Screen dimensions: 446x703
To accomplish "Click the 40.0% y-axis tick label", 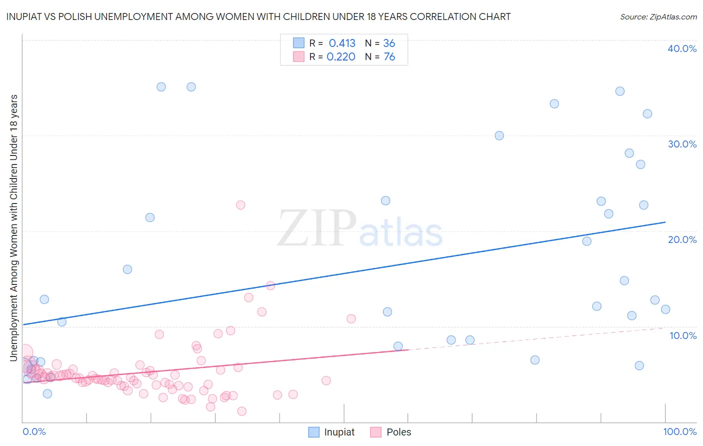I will point(682,48).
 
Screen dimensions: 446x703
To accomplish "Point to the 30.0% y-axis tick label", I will point(682,144).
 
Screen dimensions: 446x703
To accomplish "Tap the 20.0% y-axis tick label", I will point(682,239).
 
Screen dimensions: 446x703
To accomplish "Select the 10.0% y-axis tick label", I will point(683,335).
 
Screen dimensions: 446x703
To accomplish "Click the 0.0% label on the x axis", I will point(34,431).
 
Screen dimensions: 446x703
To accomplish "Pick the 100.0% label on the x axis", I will point(679,431).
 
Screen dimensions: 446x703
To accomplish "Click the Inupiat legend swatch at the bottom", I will point(313,432).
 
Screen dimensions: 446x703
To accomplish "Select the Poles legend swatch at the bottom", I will point(376,432).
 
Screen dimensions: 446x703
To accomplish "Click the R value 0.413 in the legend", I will point(342,43).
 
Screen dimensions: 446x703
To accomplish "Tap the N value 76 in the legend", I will point(389,56).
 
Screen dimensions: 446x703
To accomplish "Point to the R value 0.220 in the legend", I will point(341,56).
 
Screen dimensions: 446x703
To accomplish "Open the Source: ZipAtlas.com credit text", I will point(658,16).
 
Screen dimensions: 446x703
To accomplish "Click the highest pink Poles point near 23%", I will point(240,205).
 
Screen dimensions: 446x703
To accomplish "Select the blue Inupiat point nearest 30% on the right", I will point(499,135).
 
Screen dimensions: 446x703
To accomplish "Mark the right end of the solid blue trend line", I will point(665,222).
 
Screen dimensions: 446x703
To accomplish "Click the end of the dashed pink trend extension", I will point(665,328).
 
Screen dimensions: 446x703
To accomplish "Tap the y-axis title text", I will point(13,227).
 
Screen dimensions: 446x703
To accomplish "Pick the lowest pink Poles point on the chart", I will point(242,411).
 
